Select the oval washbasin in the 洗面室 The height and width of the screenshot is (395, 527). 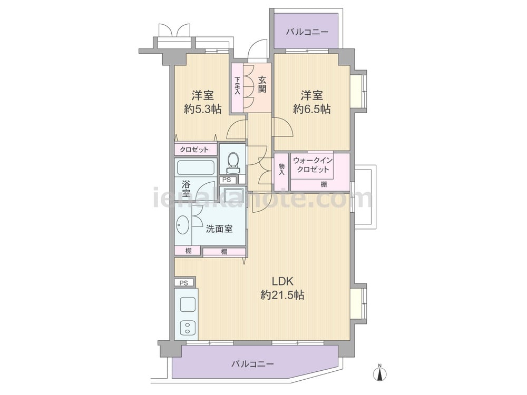click(183, 224)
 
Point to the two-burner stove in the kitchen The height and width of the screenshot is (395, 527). click(187, 328)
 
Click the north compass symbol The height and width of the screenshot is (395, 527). click(380, 373)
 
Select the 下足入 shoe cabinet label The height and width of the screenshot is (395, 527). click(238, 86)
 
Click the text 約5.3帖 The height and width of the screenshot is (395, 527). click(203, 109)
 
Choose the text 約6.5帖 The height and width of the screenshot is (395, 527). click(311, 109)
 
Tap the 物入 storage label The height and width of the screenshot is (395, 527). click(281, 170)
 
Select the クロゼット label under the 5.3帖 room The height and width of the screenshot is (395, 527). click(194, 150)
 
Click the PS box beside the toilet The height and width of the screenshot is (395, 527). click(227, 180)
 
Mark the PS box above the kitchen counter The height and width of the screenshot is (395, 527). click(183, 283)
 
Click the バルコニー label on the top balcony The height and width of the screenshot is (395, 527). click(307, 33)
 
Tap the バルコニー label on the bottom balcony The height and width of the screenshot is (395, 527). click(253, 364)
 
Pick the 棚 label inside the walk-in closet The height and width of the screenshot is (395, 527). click(324, 184)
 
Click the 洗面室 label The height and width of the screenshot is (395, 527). click(219, 229)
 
